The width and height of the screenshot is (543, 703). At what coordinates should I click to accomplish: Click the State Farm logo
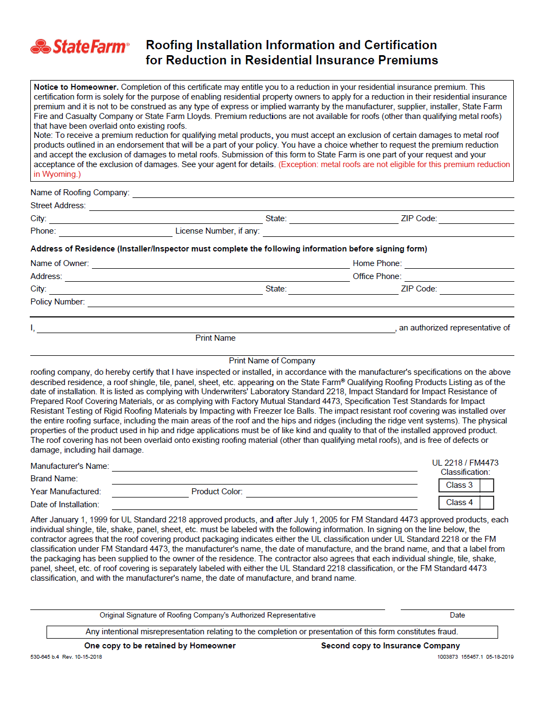tap(80, 47)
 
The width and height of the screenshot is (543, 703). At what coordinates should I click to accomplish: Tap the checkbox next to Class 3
tap(487, 486)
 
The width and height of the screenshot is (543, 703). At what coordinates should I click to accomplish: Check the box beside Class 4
tap(487, 503)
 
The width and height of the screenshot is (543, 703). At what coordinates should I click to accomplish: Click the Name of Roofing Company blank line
tap(323, 193)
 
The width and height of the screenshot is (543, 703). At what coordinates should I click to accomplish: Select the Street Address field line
tap(301, 206)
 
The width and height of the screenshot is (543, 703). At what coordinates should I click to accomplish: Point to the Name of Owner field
tap(221, 264)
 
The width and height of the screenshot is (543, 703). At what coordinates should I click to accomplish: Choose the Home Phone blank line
tap(459, 264)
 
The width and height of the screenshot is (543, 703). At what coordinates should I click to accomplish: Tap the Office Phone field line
tap(459, 277)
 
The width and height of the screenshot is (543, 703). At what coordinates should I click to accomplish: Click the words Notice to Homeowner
tap(76, 87)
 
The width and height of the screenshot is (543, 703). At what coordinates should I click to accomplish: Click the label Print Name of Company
tap(272, 361)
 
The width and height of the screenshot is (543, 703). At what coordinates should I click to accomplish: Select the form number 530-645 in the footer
tap(41, 657)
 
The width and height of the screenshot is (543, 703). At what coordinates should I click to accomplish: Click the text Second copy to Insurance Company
tap(390, 646)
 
